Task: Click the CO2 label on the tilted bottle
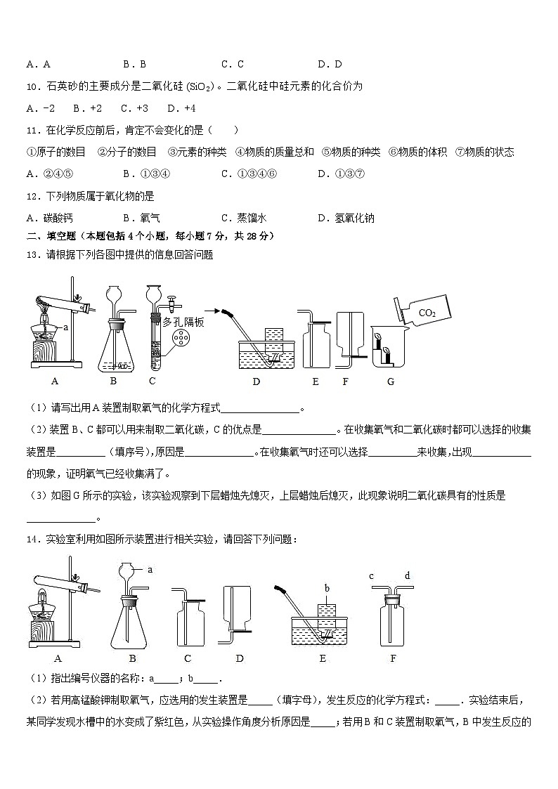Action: coord(427,313)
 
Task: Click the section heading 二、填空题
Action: coord(49,236)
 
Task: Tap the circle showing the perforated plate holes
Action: coord(183,341)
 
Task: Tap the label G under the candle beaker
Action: coord(391,382)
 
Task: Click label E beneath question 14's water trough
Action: coord(323,658)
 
